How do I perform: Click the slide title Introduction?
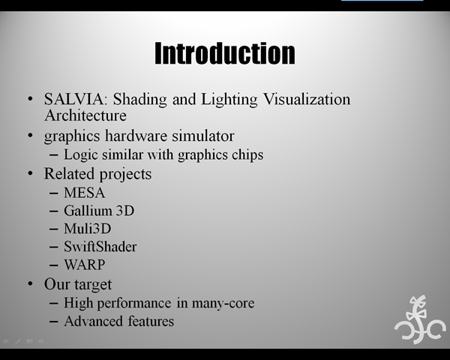pos(225,53)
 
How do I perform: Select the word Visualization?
pos(307,99)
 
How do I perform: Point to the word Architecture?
pos(85,115)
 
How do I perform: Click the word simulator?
pos(203,136)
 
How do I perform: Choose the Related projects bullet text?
pos(97,174)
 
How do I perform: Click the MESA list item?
pos(84,193)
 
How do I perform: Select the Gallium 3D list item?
pos(99,211)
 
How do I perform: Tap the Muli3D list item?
pos(88,229)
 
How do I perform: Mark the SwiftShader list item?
pos(100,247)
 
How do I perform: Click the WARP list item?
pos(84,265)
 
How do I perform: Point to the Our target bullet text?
pos(78,284)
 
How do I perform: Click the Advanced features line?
pos(119,321)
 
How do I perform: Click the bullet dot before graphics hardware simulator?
pos(31,135)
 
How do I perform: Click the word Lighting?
pos(229,99)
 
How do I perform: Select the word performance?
pos(134,304)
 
